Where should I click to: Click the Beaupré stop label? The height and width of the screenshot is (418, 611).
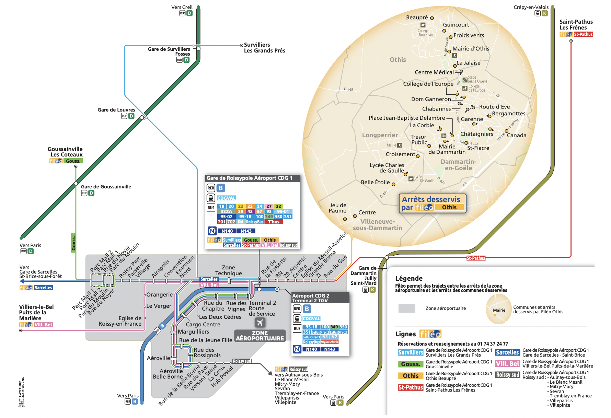(x=417, y=18)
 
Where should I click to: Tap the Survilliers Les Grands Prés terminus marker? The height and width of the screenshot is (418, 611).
(x=242, y=45)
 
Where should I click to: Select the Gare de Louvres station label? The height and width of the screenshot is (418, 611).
(x=116, y=110)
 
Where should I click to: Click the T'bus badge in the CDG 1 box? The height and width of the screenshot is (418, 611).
(x=274, y=222)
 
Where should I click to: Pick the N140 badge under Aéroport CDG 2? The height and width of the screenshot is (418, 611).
(x=311, y=349)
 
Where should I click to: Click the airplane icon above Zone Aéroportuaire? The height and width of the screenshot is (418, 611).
(x=260, y=323)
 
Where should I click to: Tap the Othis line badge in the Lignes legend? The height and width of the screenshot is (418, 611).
(x=411, y=376)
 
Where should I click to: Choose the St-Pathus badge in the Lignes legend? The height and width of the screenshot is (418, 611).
(x=411, y=387)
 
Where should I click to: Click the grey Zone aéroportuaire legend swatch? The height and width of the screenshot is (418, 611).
(x=407, y=308)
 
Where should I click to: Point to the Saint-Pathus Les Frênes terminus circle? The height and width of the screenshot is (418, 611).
(x=571, y=41)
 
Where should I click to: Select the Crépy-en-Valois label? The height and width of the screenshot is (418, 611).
(x=531, y=7)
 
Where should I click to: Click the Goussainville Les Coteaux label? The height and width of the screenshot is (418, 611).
(x=65, y=152)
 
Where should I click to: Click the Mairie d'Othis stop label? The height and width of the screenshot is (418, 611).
(x=471, y=49)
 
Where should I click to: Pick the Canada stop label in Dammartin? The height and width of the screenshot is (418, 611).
(x=516, y=135)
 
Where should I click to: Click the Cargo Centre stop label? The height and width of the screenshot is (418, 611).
(x=203, y=324)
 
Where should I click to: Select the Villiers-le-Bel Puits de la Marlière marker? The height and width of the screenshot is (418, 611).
(x=21, y=330)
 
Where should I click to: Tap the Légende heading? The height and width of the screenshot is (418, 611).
(x=409, y=278)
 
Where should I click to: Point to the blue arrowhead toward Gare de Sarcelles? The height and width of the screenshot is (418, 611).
(x=22, y=281)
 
